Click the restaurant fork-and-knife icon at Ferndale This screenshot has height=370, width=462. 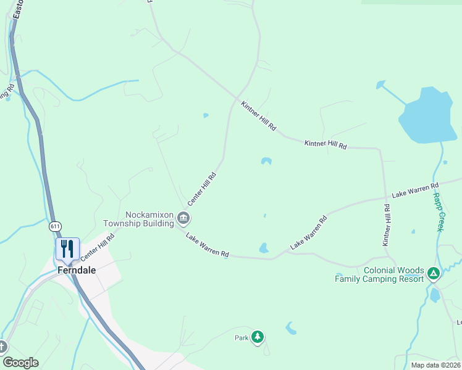[x=67, y=249]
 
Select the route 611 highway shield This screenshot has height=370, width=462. [x=56, y=226]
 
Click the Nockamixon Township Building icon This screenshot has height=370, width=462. [x=183, y=218]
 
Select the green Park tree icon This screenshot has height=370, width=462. [x=258, y=337]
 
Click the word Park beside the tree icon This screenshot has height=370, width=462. [x=241, y=338]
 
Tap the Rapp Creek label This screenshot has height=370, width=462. [x=438, y=212]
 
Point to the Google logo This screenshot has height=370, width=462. [x=20, y=363]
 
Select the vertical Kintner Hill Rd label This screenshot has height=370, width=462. [x=387, y=226]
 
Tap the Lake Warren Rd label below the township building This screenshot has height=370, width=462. [x=208, y=245]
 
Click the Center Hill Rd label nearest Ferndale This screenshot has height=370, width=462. [x=98, y=245]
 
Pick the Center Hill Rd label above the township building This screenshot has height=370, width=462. [x=202, y=188]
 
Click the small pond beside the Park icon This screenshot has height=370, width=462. [x=291, y=328]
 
